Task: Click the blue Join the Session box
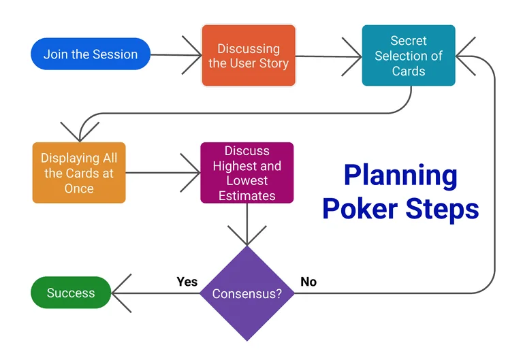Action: coord(91,54)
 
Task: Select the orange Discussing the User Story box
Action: coord(249,56)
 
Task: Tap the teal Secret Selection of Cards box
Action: coord(408,56)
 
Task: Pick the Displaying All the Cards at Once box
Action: coord(79,173)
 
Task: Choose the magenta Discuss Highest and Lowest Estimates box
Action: coord(247,173)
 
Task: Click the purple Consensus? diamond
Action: coord(247,294)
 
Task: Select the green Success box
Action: coord(71,293)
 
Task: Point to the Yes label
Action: coord(187,281)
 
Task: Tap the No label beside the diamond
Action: coord(308,281)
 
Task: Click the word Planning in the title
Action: coord(400,176)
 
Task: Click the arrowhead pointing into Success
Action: coord(121,294)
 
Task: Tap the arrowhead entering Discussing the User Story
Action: coord(193,55)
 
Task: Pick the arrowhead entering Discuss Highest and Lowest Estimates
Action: coord(192,173)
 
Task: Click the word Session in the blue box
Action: coord(116,54)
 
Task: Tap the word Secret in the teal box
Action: coord(409,41)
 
